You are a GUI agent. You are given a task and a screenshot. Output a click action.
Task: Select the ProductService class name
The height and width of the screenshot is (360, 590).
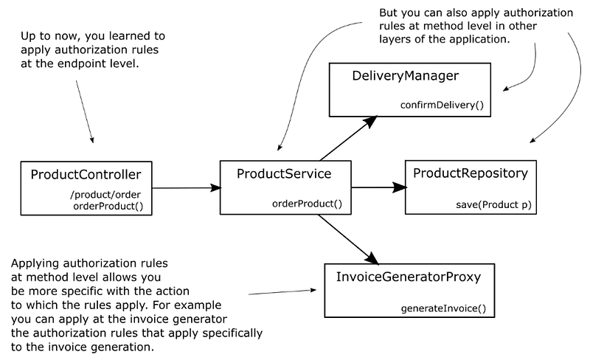pyautogui.click(x=284, y=174)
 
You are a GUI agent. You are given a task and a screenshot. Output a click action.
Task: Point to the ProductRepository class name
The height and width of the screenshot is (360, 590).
pyautogui.click(x=471, y=174)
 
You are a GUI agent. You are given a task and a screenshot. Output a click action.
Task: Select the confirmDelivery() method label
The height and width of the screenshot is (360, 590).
pyautogui.click(x=442, y=105)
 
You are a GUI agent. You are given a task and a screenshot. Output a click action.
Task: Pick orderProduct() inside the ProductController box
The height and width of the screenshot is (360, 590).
pyautogui.click(x=113, y=206)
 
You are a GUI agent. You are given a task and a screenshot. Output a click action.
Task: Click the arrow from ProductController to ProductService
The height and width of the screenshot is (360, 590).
pyautogui.click(x=186, y=188)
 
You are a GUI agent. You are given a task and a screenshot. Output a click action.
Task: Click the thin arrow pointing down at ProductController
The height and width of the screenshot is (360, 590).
pyautogui.click(x=84, y=111)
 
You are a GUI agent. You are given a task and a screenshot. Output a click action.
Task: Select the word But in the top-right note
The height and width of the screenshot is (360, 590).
pyautogui.click(x=389, y=14)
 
